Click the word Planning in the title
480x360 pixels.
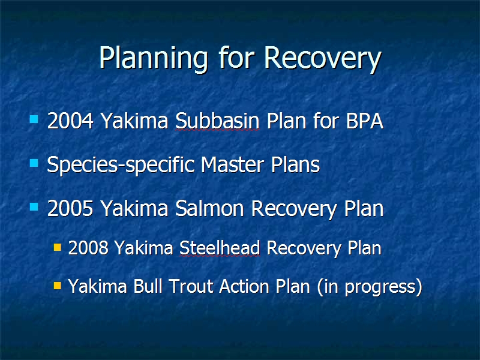[154, 59]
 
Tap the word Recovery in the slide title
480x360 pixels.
[323, 59]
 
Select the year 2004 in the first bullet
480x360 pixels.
[70, 121]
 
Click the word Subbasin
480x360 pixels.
[217, 121]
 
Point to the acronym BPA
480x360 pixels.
[364, 121]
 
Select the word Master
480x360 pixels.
[232, 164]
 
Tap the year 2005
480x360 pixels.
[70, 208]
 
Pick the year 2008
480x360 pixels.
[88, 248]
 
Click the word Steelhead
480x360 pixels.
[220, 248]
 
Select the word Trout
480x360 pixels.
[191, 286]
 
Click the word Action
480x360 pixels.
[244, 286]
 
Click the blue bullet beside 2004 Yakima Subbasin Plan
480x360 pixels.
[34, 119]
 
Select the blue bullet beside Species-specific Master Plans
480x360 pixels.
[34, 163]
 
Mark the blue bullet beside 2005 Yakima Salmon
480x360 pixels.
[34, 206]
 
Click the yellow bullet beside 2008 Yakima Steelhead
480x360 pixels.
[58, 247]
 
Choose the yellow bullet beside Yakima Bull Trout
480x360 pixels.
[58, 286]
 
